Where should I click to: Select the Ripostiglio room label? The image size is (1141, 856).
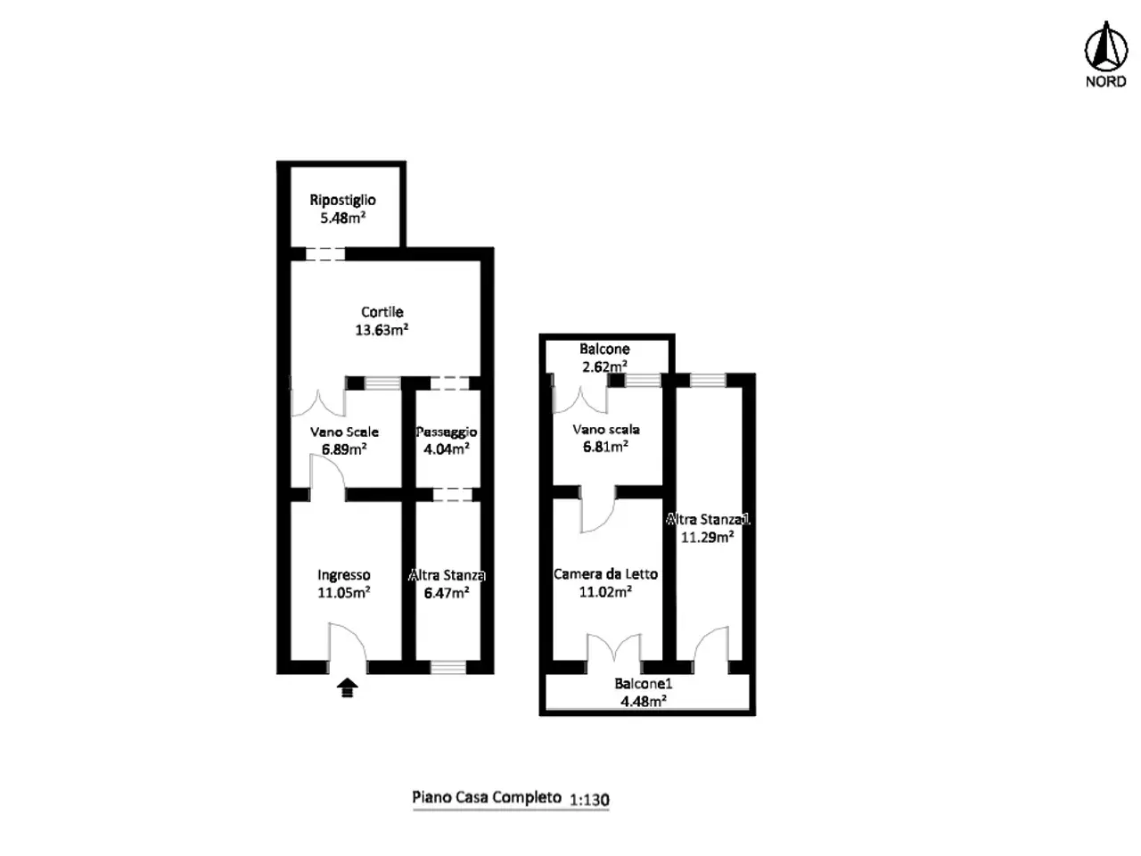coord(342,200)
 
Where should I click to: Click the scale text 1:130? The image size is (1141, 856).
coord(589,799)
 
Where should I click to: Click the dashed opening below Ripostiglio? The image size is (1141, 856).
coord(324,254)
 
